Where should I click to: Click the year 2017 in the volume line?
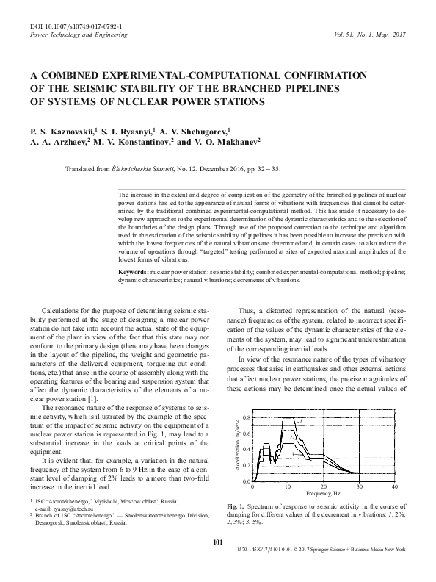coord(399,35)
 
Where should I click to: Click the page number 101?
coord(217,562)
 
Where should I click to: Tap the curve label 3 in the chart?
coord(293,455)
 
